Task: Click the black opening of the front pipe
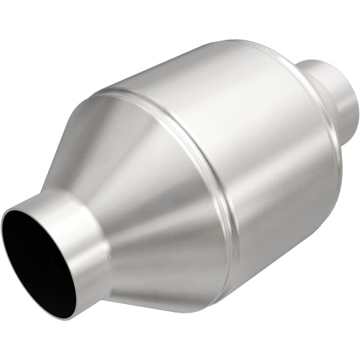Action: (37, 260)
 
